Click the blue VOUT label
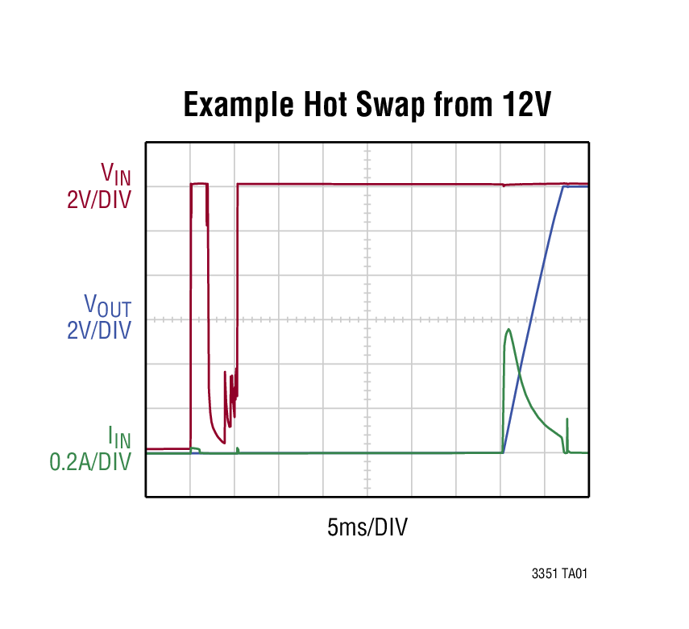tap(107, 306)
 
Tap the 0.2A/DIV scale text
tap(90, 463)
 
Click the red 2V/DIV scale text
tap(98, 198)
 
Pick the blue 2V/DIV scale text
tap(98, 331)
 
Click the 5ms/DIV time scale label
tap(367, 528)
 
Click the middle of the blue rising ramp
tap(533, 320)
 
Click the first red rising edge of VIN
tap(191, 323)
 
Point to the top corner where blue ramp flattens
tap(563, 187)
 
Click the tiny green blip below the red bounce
tap(238, 449)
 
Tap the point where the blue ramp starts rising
tap(504, 452)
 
